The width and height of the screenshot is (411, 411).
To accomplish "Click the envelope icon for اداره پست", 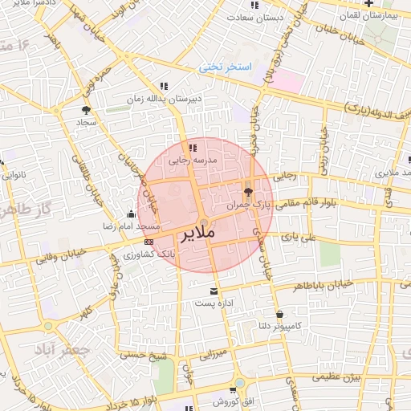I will pos(213,291).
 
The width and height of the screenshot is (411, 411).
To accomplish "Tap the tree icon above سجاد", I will pos(86,110).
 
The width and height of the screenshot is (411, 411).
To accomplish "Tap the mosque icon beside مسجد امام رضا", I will pos(131,214).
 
